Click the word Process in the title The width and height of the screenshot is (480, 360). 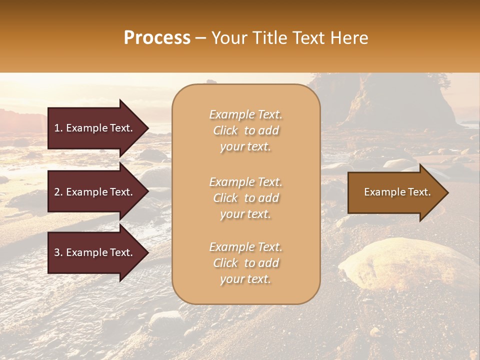click(157, 38)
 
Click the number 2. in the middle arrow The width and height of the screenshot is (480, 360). click(58, 192)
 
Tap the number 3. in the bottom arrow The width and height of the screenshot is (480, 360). click(58, 252)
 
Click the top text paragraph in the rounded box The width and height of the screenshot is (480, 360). click(245, 130)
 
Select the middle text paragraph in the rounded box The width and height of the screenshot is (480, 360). click(245, 198)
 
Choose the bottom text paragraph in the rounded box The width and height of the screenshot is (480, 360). click(245, 263)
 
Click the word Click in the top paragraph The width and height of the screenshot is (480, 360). click(225, 130)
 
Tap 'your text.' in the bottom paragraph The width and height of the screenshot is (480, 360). click(245, 279)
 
